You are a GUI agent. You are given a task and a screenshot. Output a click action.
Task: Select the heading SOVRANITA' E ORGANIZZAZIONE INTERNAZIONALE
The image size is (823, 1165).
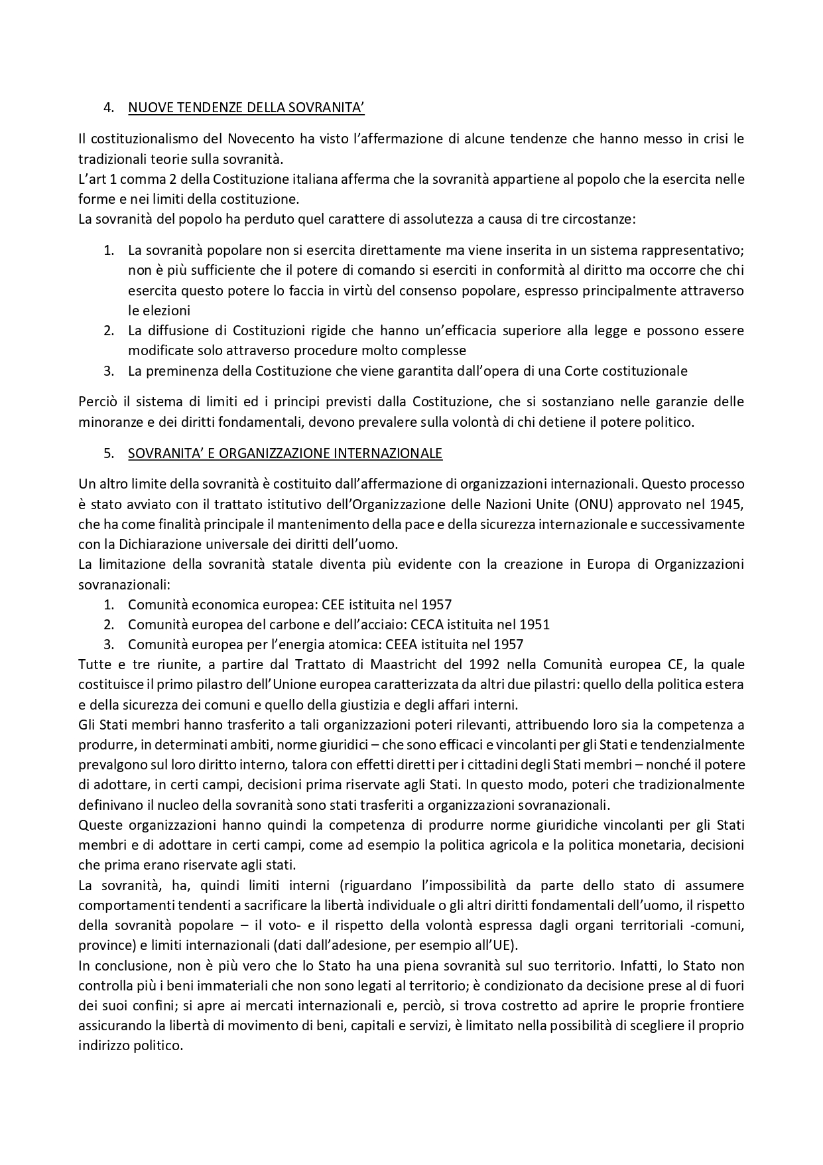click(x=285, y=454)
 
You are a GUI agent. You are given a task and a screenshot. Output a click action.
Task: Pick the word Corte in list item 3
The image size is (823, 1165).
click(x=584, y=371)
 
